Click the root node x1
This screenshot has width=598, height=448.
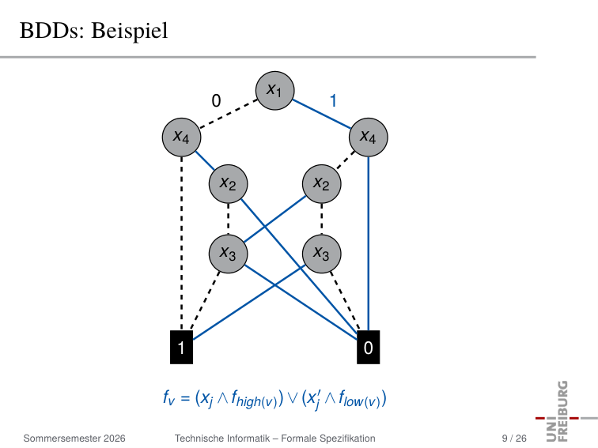pyautogui.click(x=274, y=91)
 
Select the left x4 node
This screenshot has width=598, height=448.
pyautogui.click(x=182, y=137)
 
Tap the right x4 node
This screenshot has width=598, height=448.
pyautogui.click(x=369, y=137)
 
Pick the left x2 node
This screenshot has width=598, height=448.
pyautogui.click(x=228, y=183)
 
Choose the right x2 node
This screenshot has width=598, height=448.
pyautogui.click(x=321, y=183)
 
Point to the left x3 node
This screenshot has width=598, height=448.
pyautogui.click(x=228, y=254)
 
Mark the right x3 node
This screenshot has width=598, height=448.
pyautogui.click(x=321, y=254)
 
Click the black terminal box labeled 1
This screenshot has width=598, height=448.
pyautogui.click(x=182, y=347)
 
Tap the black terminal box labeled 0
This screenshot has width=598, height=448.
pyautogui.click(x=369, y=347)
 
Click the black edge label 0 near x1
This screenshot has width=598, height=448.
pyautogui.click(x=216, y=101)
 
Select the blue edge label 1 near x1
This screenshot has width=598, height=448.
pyautogui.click(x=333, y=101)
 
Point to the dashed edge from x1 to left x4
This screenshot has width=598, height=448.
pyautogui.click(x=229, y=114)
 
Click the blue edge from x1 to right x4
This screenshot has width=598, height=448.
pyautogui.click(x=321, y=114)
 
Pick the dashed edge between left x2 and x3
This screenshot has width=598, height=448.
pyautogui.click(x=228, y=219)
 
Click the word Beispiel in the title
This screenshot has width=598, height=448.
pyautogui.click(x=130, y=31)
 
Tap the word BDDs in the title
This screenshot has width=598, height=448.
pyautogui.click(x=51, y=31)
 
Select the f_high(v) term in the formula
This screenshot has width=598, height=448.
pyautogui.click(x=254, y=399)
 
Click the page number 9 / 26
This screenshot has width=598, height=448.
pyautogui.click(x=514, y=439)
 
